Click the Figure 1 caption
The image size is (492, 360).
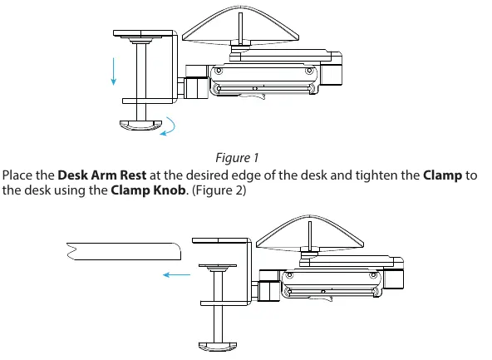click(237, 158)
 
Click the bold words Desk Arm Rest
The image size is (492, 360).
click(102, 175)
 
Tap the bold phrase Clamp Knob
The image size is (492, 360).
click(148, 190)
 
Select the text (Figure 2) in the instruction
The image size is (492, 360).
click(219, 190)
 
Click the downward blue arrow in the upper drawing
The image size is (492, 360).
click(114, 72)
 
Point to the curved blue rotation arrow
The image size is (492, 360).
click(174, 126)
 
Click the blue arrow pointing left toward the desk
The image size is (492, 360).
click(176, 275)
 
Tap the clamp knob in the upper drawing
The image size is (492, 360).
click(141, 125)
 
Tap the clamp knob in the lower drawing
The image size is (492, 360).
click(218, 346)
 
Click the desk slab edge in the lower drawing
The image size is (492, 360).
click(124, 251)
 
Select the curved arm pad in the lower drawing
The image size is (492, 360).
click(310, 234)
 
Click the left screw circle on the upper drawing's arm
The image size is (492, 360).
click(219, 71)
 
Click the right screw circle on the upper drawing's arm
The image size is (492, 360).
click(309, 71)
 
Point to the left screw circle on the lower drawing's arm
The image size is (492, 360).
click(289, 275)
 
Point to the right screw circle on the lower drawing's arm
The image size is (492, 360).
click(373, 275)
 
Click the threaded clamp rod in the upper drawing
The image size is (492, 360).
click(141, 82)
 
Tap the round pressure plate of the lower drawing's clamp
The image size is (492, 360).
click(218, 268)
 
